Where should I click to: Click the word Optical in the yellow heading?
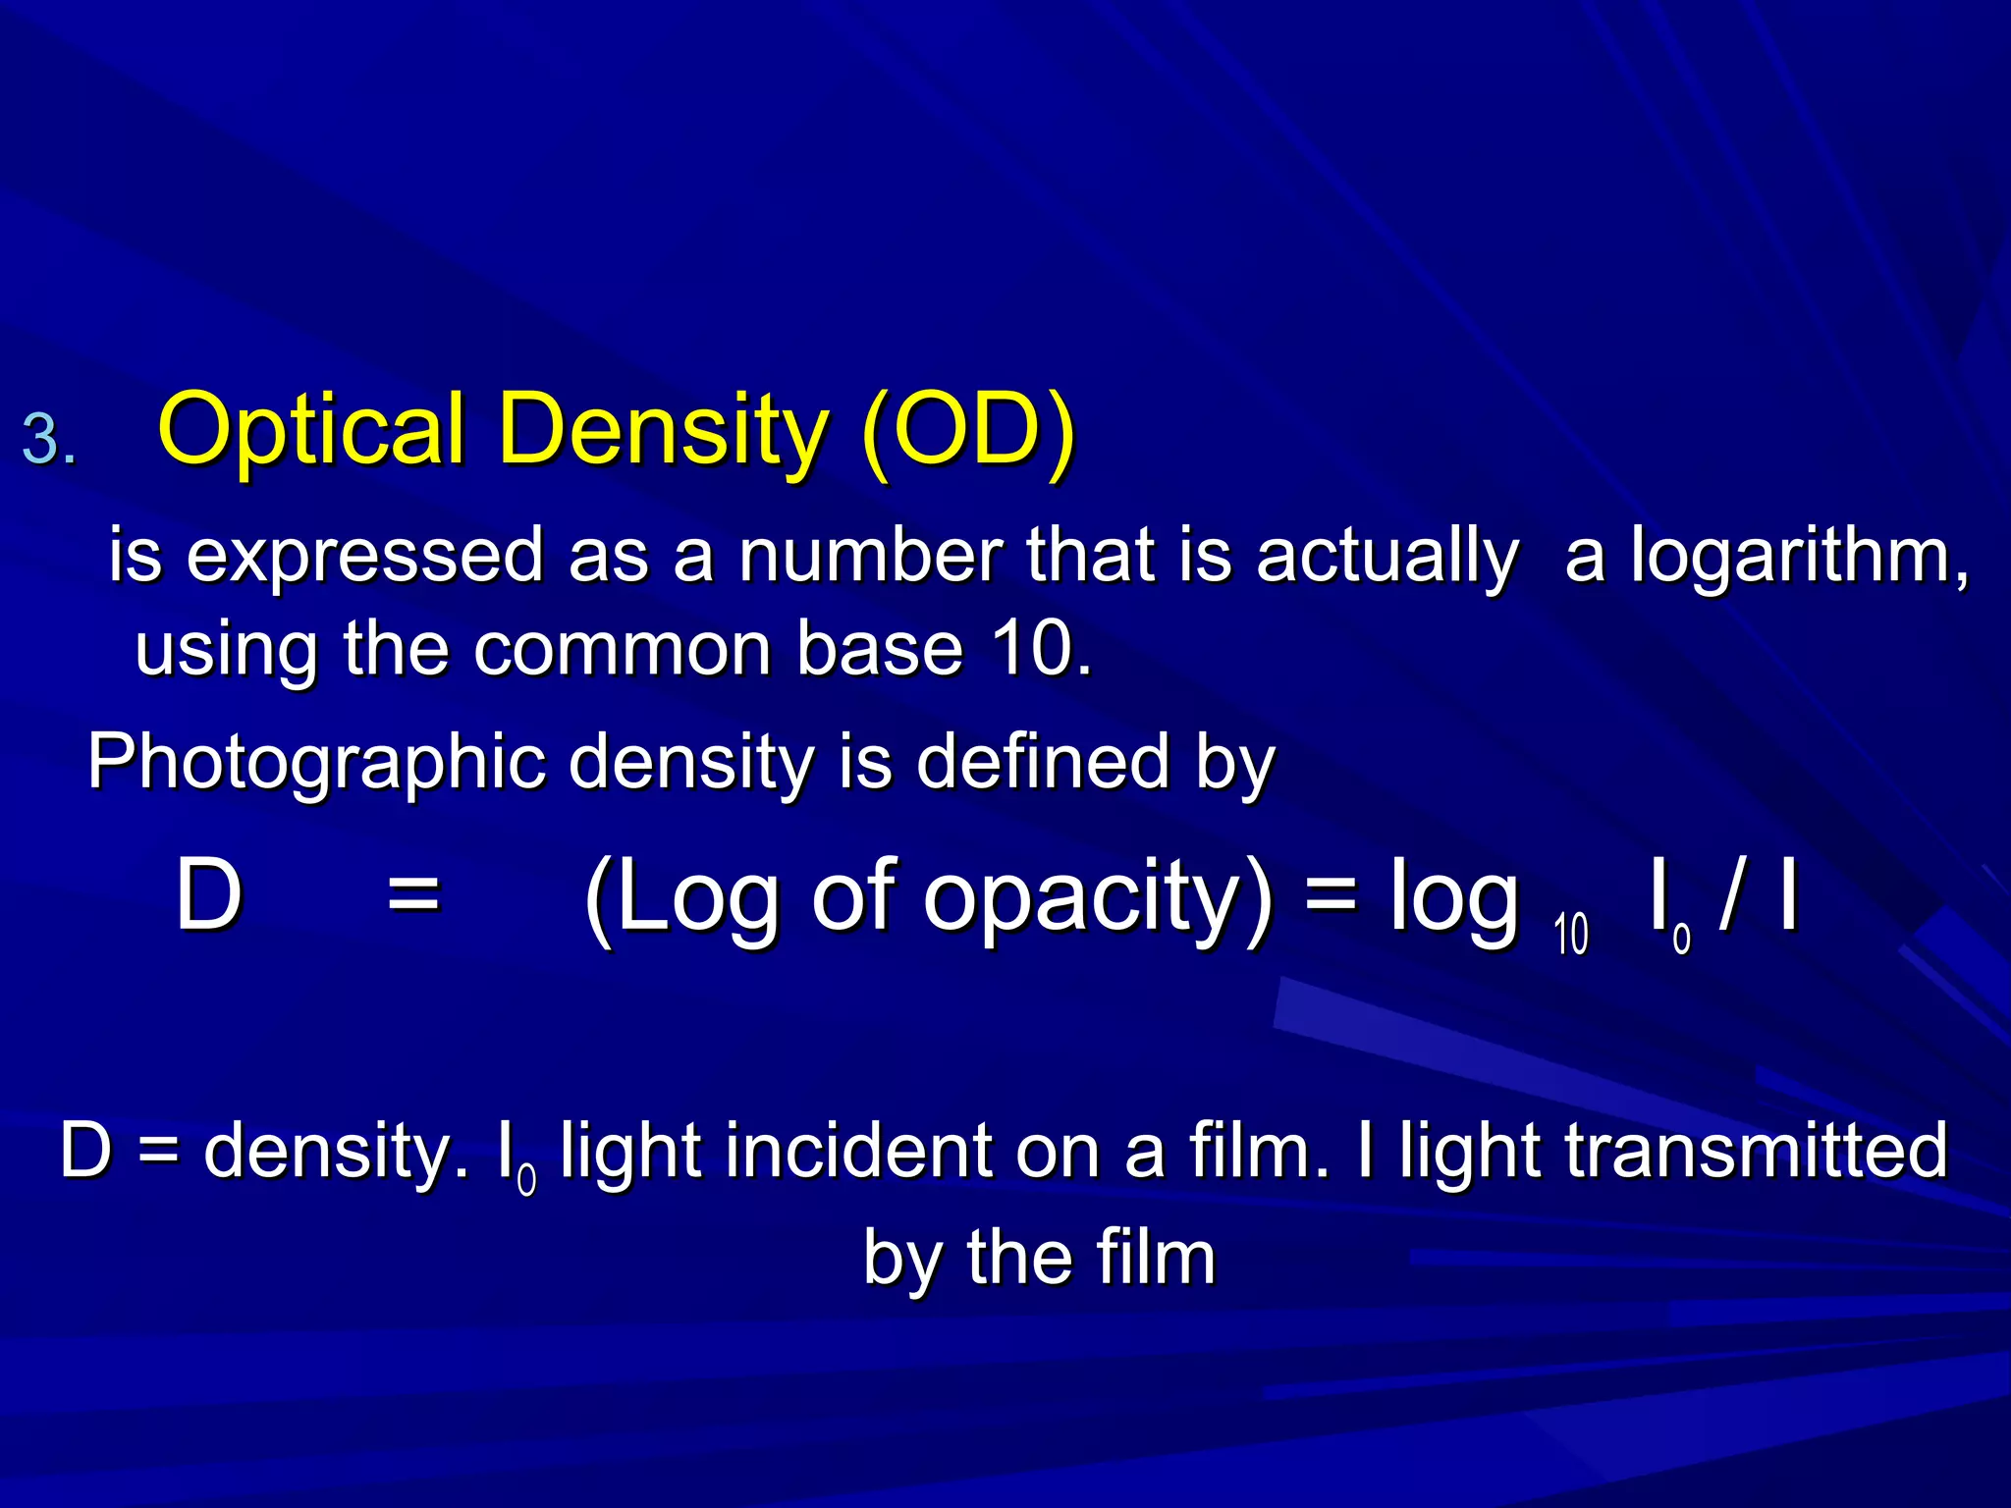[x=310, y=430]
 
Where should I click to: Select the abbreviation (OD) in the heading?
[x=967, y=430]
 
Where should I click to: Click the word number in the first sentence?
[x=870, y=556]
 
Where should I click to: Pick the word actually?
[x=1387, y=556]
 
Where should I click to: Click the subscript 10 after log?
[x=1571, y=934]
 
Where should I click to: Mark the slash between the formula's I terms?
[x=1732, y=895]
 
